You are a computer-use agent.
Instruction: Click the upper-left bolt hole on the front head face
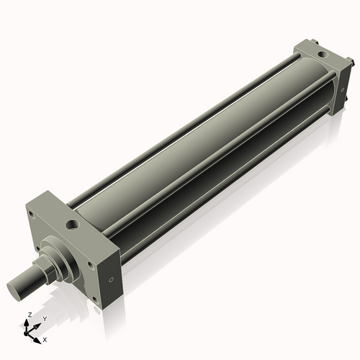(x=33, y=214)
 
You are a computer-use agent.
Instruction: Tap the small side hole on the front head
(x=111, y=280)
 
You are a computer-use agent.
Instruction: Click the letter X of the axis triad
(x=45, y=338)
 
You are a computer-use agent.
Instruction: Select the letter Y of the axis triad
(x=44, y=318)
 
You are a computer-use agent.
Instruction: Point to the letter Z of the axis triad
(x=27, y=315)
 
